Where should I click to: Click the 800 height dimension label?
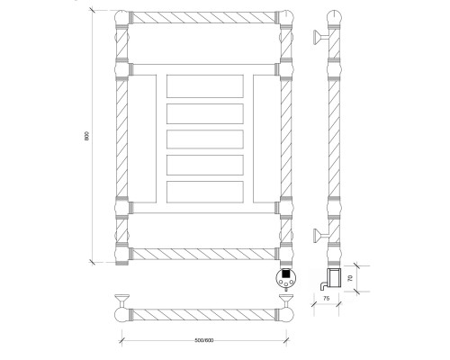pyautogui.click(x=86, y=136)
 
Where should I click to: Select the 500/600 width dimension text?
pyautogui.click(x=204, y=340)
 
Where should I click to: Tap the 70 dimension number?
pyautogui.click(x=350, y=278)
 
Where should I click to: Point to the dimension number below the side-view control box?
pyautogui.click(x=327, y=298)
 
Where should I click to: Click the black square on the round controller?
pyautogui.click(x=286, y=274)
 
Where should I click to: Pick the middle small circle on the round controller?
pyautogui.click(x=286, y=284)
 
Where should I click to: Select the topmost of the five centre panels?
pyautogui.click(x=205, y=86)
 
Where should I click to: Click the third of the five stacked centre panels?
pyautogui.click(x=205, y=139)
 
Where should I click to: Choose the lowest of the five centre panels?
pyautogui.click(x=205, y=192)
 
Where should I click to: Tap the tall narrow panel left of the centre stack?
pyautogui.click(x=142, y=139)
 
